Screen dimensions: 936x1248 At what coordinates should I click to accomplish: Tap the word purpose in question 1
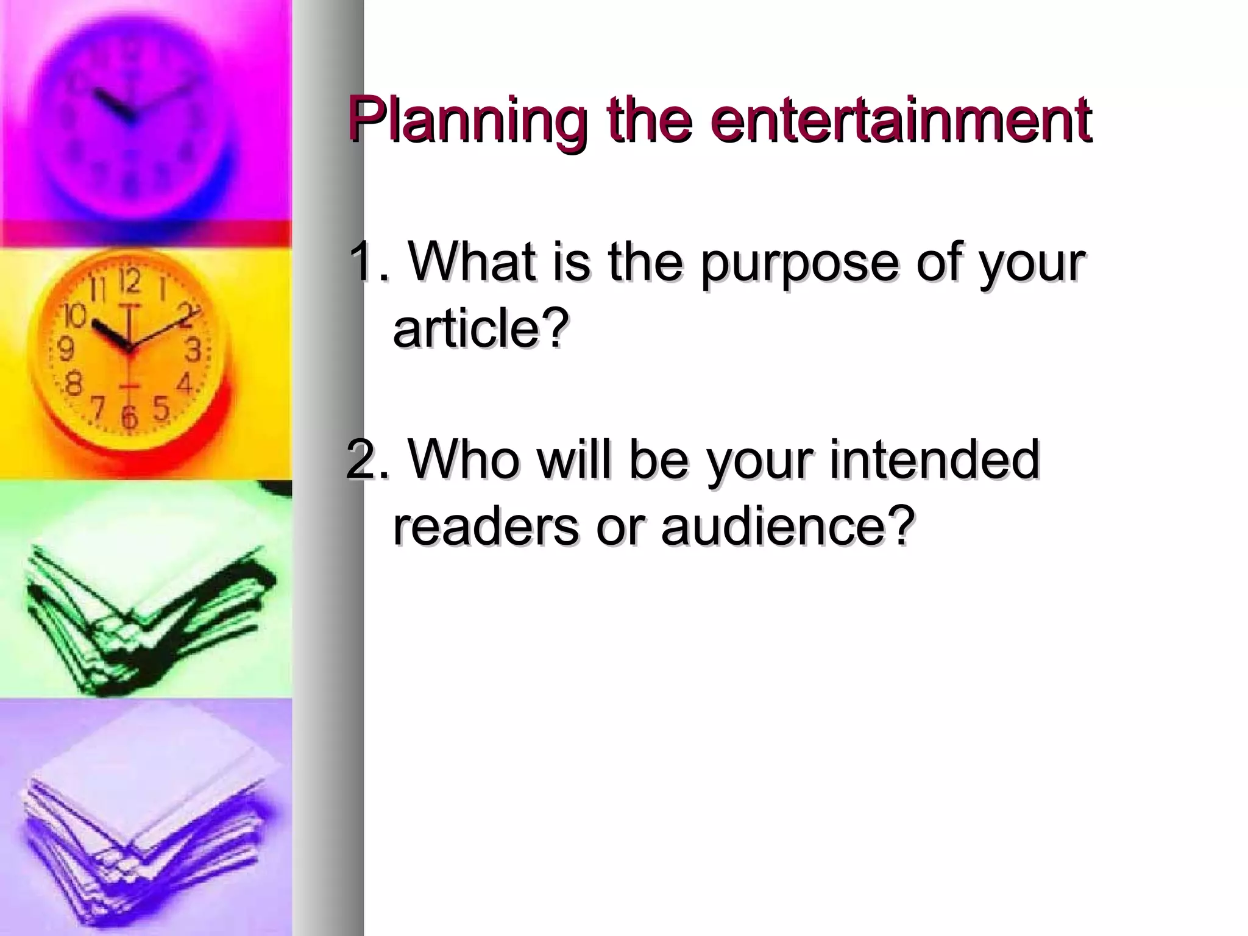(798, 263)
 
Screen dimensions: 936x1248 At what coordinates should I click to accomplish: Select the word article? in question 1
(481, 329)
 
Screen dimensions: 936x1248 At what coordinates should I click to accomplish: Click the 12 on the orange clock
(129, 281)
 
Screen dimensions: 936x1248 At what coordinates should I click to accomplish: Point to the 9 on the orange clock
(66, 349)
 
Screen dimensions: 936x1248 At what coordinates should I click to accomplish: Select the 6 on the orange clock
(129, 417)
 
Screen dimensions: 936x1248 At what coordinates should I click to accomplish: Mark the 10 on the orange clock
(76, 316)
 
